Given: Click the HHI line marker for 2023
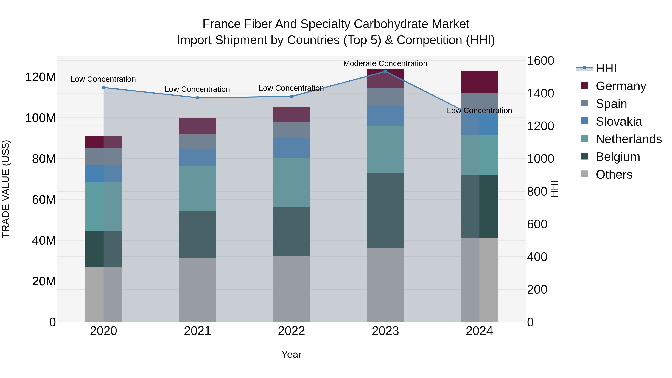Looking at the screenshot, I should point(385,71).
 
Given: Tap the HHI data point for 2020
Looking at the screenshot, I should point(104,88).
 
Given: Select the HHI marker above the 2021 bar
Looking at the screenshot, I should point(197,98).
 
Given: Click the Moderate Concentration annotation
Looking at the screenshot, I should point(385,63).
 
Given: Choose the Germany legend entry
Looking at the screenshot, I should point(621,86).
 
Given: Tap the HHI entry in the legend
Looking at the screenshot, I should point(606,68).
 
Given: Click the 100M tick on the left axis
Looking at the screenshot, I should point(41,118).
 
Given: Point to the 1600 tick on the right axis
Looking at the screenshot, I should point(540,61).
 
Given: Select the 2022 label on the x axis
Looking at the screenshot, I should point(291,331).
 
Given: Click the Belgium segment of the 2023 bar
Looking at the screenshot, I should point(385,210).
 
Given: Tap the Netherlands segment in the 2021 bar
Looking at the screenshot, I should point(197,188).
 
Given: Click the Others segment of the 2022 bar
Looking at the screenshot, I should point(291,289).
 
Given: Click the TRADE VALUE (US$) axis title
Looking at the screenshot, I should point(6,189).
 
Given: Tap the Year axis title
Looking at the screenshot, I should point(291,354).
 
